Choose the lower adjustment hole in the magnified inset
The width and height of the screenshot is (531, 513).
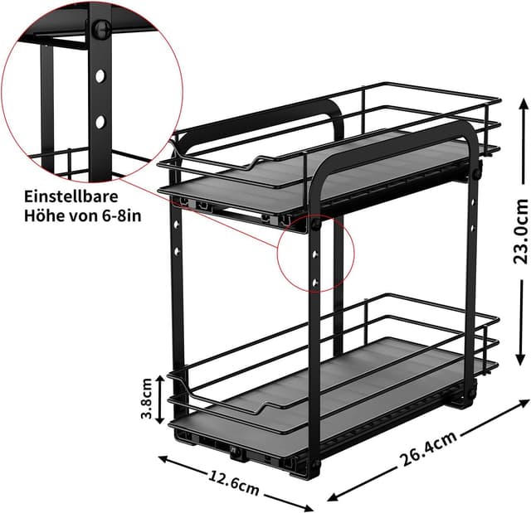[x=99, y=121]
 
